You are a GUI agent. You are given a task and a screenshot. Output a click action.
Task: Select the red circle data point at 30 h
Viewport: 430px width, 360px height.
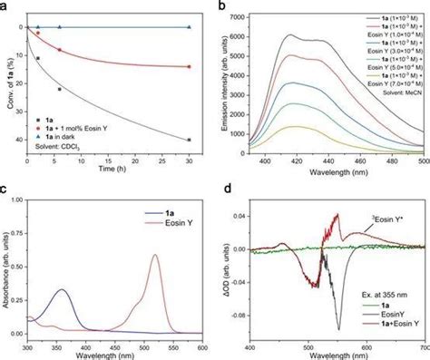pos(189,66)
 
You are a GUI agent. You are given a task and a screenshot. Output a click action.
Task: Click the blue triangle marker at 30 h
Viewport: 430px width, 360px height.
pos(189,27)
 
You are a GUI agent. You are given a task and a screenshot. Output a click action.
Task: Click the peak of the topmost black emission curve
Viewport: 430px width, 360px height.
pos(288,35)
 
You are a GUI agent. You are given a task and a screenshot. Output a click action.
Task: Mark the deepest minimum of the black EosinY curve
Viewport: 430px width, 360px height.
pos(338,328)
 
